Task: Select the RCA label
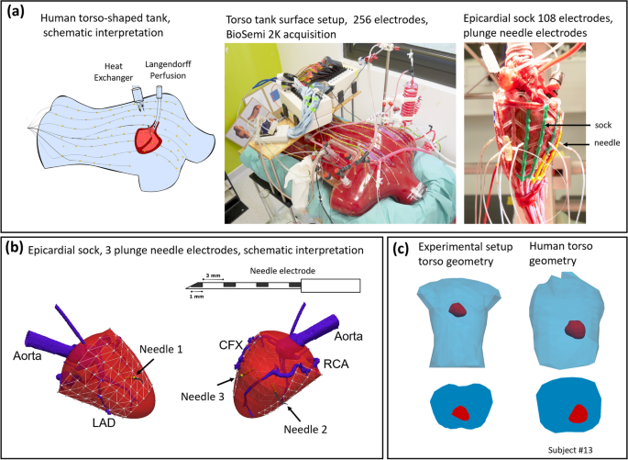tap(335, 362)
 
